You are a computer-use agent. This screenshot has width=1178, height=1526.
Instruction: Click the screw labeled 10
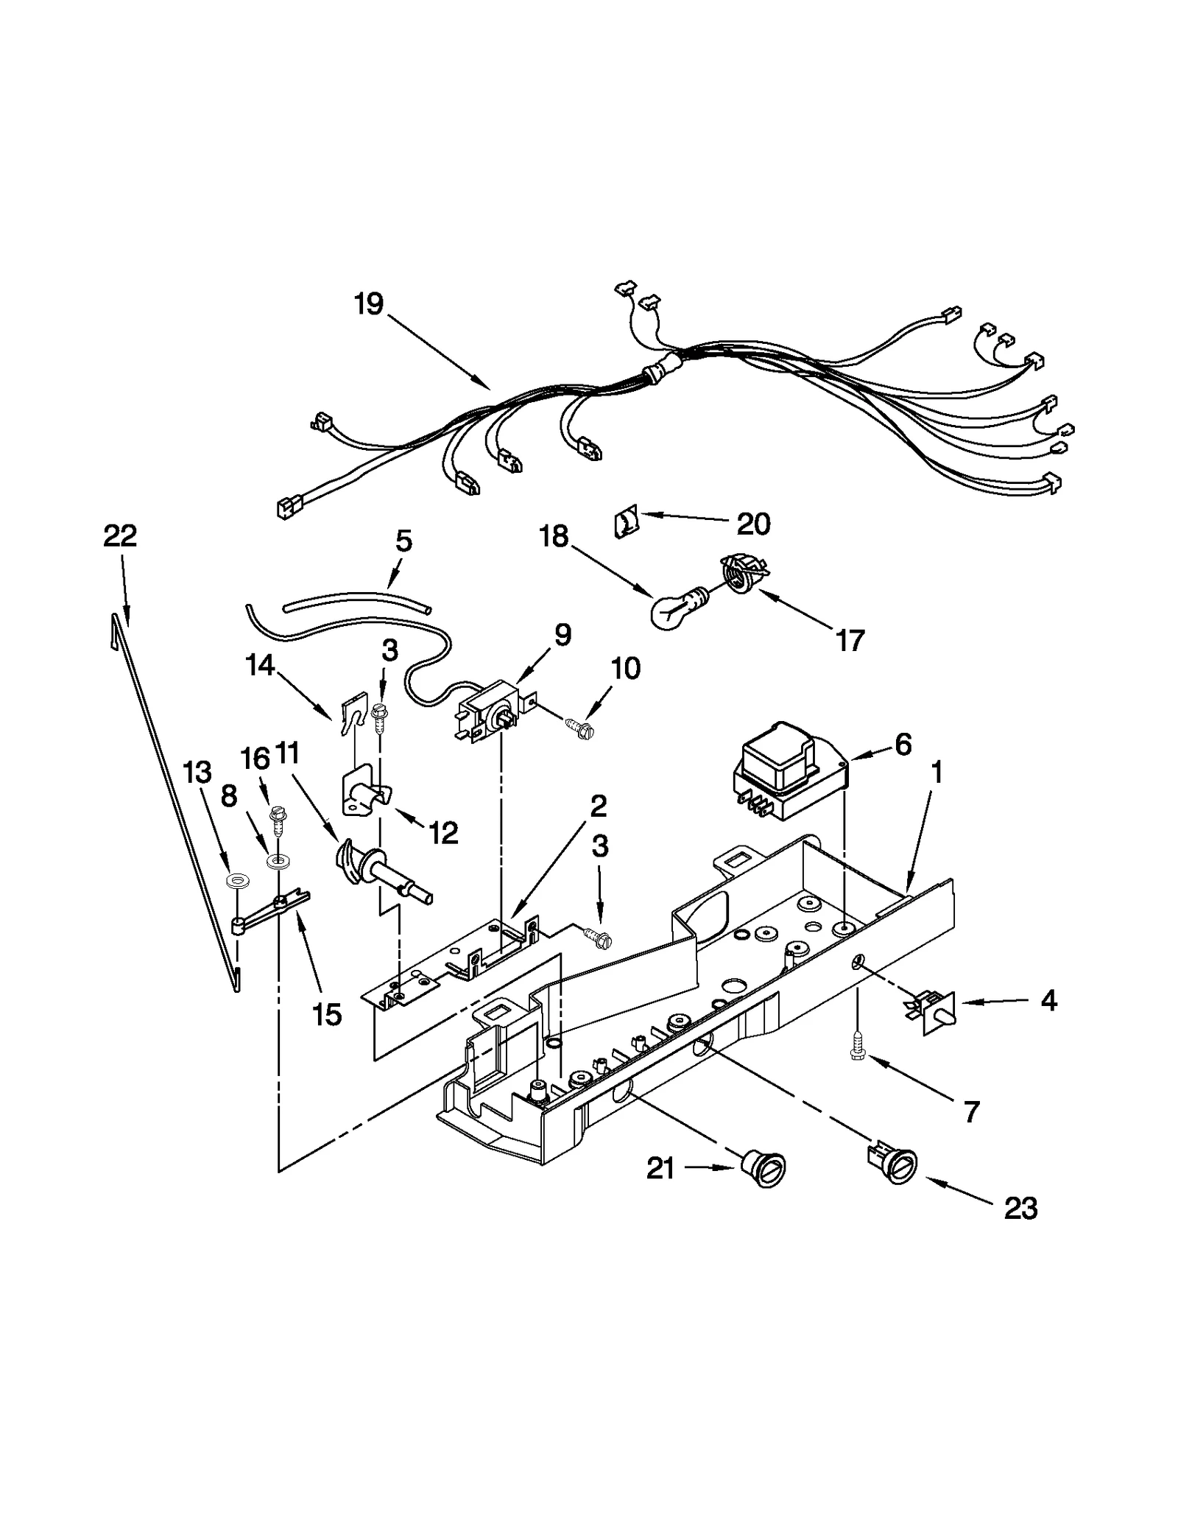coord(579,725)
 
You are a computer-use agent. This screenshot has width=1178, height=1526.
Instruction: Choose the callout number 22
coord(120,535)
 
